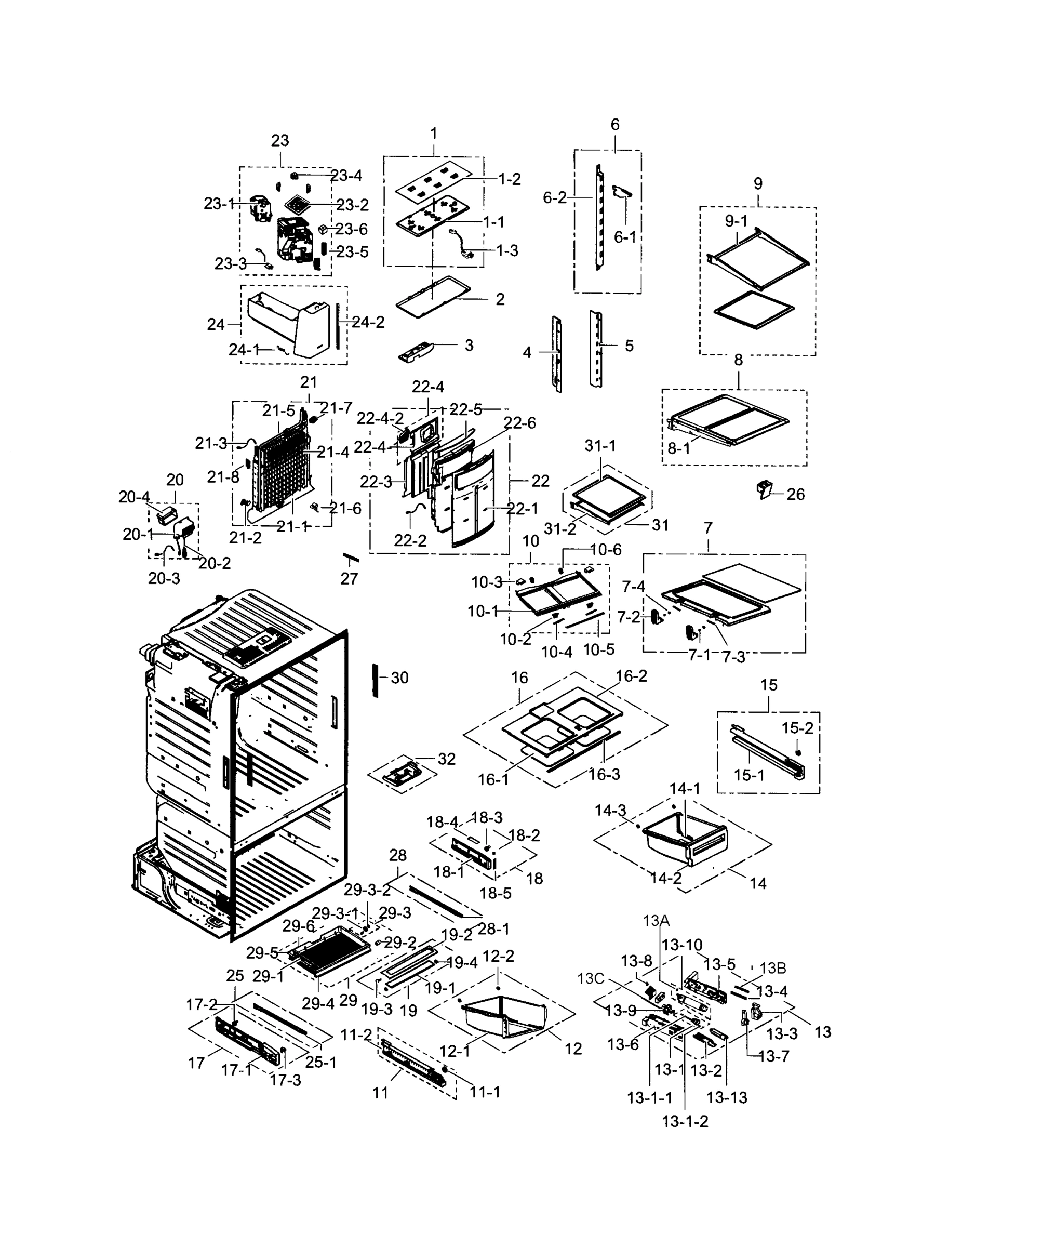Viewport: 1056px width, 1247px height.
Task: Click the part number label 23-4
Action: [x=346, y=176]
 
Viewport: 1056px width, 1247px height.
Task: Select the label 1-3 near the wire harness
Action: [x=507, y=251]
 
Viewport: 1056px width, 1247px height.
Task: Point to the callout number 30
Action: [x=399, y=678]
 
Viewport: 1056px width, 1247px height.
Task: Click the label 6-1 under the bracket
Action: [x=625, y=237]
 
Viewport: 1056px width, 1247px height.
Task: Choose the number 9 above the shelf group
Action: [x=758, y=184]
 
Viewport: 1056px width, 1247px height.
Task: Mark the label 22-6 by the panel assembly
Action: [x=519, y=423]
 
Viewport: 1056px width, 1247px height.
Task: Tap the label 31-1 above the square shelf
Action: [x=600, y=446]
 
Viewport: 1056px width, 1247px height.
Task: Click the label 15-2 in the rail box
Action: [x=797, y=728]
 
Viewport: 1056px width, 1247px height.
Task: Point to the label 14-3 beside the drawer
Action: [x=610, y=811]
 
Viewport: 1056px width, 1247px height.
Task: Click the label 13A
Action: [x=656, y=921]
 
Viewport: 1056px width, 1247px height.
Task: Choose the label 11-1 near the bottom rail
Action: [x=485, y=1093]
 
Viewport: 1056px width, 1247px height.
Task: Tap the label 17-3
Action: [x=285, y=1081]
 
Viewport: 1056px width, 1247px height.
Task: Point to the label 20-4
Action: [x=134, y=497]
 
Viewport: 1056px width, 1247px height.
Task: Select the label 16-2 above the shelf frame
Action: [x=632, y=676]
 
